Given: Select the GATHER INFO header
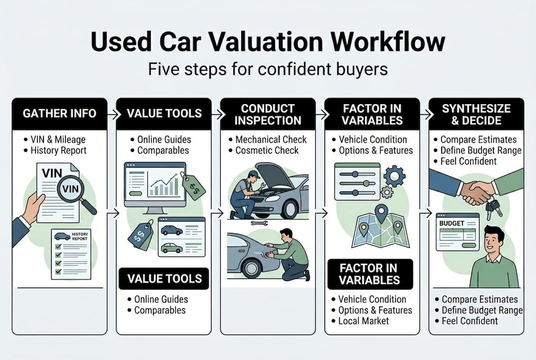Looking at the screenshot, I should [x=59, y=113].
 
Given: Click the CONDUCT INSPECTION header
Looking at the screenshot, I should [x=268, y=114].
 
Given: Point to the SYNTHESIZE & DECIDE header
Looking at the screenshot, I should [x=477, y=114].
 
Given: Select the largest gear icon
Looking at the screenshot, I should [x=394, y=175].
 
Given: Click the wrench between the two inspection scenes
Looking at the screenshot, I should [x=260, y=223].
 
